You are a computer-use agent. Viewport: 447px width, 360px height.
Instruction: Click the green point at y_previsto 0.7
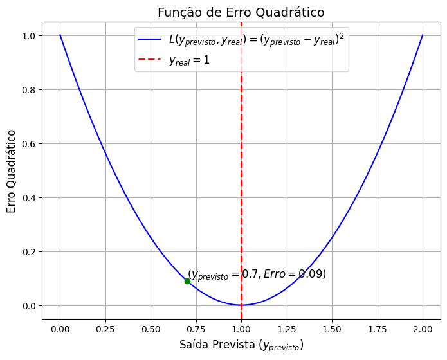pos(187,281)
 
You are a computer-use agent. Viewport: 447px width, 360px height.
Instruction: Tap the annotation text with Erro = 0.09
pos(257,274)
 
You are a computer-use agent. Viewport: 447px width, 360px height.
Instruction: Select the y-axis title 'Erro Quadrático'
pos(12,171)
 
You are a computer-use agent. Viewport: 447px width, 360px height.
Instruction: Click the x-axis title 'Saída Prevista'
pos(241,345)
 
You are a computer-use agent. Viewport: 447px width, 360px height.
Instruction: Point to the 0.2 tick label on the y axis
pos(28,251)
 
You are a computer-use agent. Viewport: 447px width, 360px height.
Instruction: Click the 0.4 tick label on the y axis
pos(28,197)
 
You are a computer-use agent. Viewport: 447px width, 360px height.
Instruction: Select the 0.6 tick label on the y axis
pos(28,143)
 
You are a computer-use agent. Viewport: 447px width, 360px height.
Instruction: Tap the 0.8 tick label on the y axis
pos(28,89)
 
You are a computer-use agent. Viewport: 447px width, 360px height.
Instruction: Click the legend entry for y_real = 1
pos(189,60)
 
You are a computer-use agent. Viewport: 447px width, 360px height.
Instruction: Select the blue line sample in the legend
pos(150,40)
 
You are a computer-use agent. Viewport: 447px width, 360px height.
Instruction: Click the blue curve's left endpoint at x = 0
pos(60,35)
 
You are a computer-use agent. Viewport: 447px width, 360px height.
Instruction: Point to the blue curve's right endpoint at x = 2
pos(423,35)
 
